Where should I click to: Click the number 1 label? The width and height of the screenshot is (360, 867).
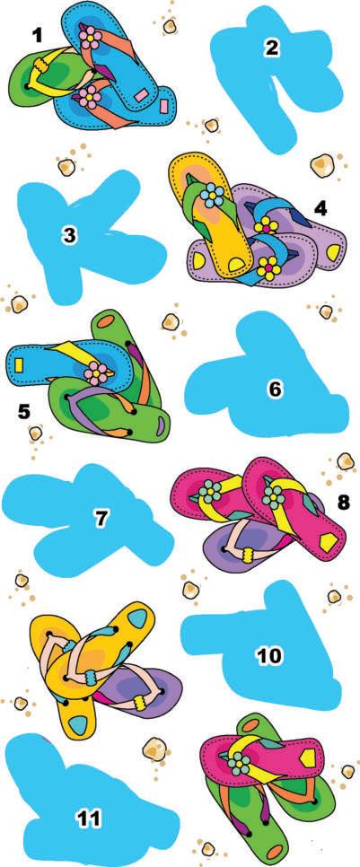[38, 37]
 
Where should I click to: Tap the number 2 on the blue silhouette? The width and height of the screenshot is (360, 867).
[271, 48]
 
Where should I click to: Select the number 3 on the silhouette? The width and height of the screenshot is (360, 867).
[69, 235]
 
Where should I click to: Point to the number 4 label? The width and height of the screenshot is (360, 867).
[320, 208]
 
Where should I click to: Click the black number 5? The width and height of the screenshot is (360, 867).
[23, 411]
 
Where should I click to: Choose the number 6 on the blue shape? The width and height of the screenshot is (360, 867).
[275, 390]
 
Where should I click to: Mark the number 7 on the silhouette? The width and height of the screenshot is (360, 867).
[101, 519]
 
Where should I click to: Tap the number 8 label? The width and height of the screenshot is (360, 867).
[344, 503]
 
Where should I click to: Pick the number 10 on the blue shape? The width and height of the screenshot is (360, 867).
[269, 656]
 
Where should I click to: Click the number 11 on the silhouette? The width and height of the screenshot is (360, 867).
[88, 819]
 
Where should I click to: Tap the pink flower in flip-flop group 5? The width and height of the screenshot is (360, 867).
[96, 373]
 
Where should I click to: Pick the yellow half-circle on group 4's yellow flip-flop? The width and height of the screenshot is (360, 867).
[235, 264]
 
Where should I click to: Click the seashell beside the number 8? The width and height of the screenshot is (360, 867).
[345, 460]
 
